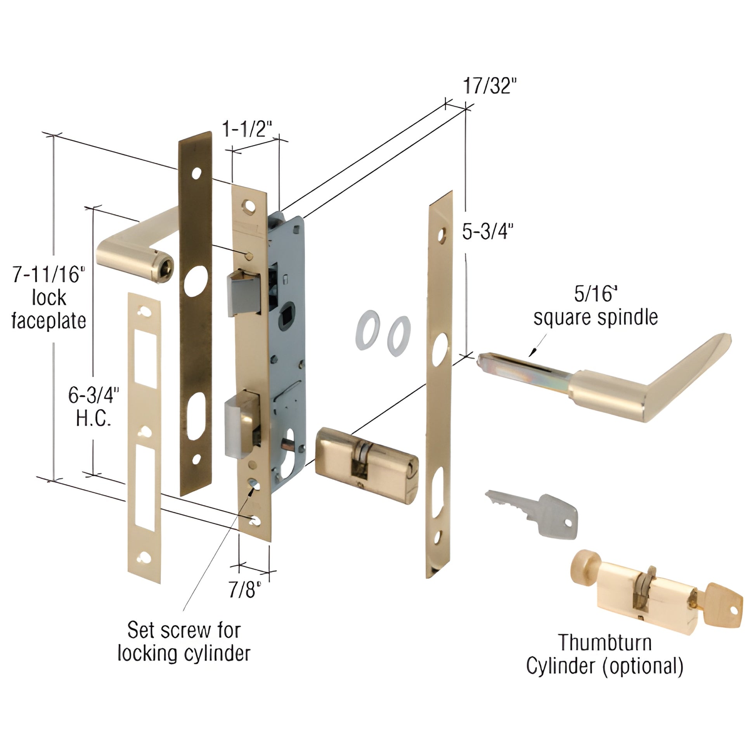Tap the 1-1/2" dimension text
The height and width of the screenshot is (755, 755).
(x=247, y=129)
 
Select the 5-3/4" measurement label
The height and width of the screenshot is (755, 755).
(x=487, y=232)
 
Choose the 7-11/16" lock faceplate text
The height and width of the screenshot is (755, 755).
(x=49, y=298)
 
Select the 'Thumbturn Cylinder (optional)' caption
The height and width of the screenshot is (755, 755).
(x=604, y=655)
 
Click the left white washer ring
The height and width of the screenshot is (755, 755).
(x=367, y=330)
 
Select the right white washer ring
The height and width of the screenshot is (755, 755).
(x=398, y=336)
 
